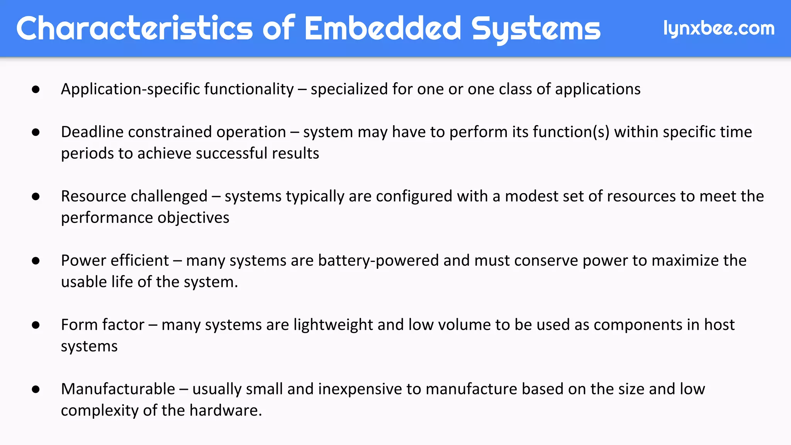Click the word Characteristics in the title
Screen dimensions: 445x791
[x=134, y=28]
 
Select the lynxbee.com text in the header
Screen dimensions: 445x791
[x=719, y=28]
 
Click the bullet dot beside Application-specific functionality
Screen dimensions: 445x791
[x=36, y=90]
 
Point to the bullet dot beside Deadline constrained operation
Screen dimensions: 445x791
[x=36, y=132]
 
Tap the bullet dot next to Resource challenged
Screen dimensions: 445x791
[x=36, y=197]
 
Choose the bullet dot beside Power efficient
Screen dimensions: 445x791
[x=36, y=261]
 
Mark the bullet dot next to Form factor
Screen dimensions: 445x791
[x=36, y=325]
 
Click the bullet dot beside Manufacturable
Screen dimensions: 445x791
[x=36, y=389]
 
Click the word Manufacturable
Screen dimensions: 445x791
[x=118, y=389]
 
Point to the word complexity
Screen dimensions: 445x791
[x=100, y=411]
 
